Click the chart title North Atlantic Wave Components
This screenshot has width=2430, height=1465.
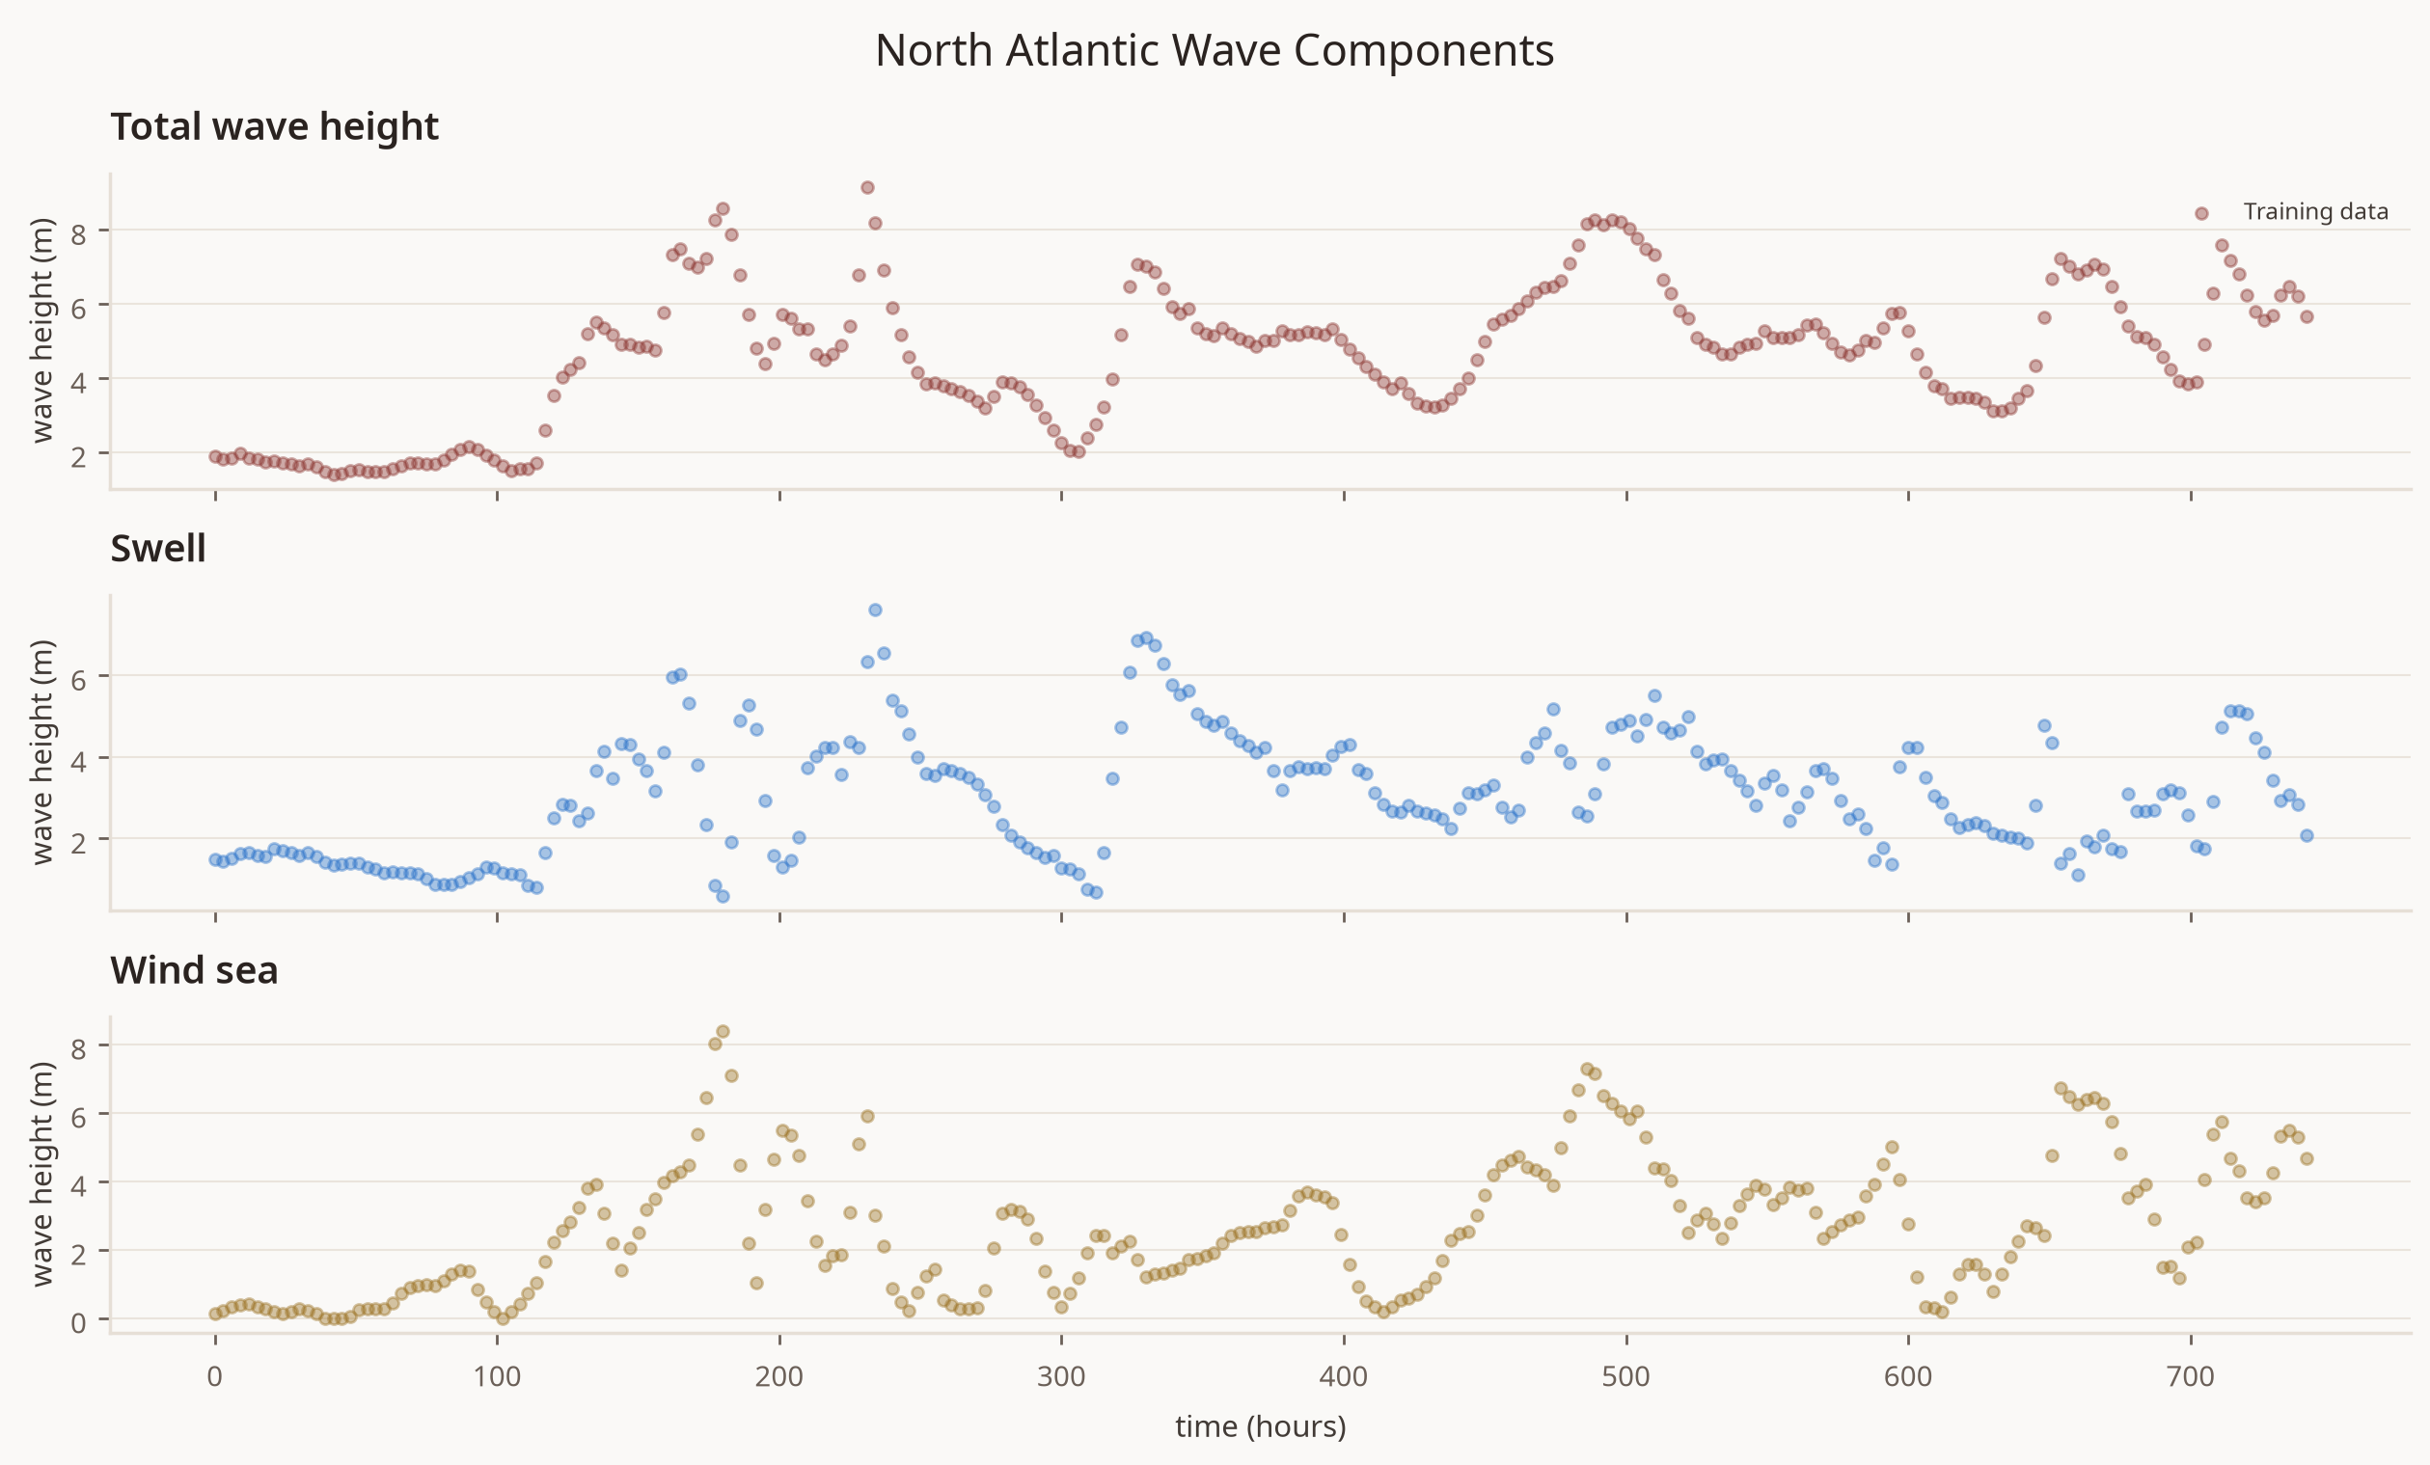[x=1214, y=51]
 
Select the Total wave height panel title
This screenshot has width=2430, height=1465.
[x=274, y=127]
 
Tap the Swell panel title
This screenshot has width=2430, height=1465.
[x=158, y=548]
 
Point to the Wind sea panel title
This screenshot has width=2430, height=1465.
[x=194, y=970]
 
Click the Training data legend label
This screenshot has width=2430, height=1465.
[x=2315, y=212]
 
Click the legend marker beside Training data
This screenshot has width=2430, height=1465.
[x=2201, y=213]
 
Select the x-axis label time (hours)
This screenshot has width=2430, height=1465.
[x=1261, y=1426]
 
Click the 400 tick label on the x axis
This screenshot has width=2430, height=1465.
[x=1343, y=1376]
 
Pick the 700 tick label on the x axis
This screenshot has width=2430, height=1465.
[x=2191, y=1376]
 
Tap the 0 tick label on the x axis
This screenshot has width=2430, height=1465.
[x=215, y=1376]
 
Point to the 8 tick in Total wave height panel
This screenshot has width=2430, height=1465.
[x=79, y=233]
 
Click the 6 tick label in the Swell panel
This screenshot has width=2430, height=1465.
[x=79, y=678]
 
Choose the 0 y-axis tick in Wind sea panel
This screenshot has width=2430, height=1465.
[x=79, y=1322]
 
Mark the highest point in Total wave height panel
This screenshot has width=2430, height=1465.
[x=867, y=187]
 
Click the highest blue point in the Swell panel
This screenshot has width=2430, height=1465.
[x=875, y=610]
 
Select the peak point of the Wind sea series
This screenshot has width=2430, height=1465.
[x=723, y=1031]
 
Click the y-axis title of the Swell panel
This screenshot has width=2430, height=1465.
[x=41, y=752]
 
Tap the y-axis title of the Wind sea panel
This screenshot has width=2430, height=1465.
[x=41, y=1174]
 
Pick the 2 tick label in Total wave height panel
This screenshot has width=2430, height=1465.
[x=79, y=455]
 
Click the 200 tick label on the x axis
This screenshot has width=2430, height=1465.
[x=779, y=1376]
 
